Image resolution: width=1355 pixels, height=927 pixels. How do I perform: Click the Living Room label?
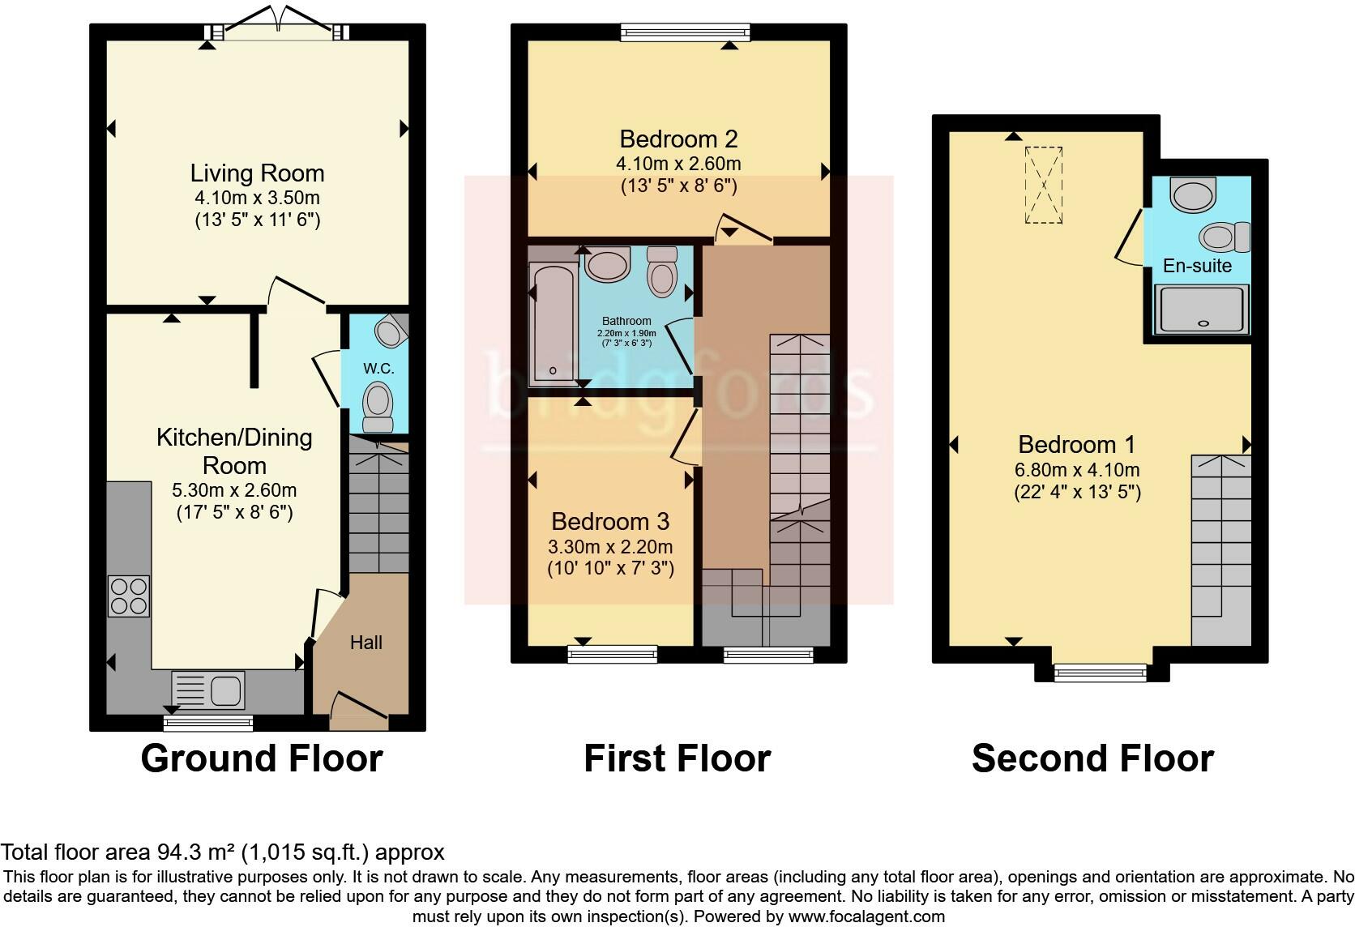[x=257, y=173]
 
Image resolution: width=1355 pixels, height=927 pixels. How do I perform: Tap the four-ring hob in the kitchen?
[x=129, y=596]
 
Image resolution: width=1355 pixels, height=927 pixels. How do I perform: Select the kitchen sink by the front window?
[x=208, y=690]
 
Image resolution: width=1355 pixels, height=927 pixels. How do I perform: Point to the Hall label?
[x=365, y=643]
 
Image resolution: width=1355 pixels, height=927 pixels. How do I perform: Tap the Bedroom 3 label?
[x=610, y=521]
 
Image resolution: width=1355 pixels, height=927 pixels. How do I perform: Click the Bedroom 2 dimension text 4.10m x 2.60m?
[x=678, y=164]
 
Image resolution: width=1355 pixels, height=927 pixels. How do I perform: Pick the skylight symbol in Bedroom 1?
[x=1043, y=185]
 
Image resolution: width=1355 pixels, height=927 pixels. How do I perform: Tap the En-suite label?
[x=1197, y=266]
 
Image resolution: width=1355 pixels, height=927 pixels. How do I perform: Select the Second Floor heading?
[x=1092, y=758]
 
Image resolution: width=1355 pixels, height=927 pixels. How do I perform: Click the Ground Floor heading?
[x=261, y=758]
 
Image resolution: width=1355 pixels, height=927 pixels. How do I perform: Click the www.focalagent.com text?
[x=866, y=916]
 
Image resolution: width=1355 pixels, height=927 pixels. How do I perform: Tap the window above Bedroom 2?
[x=685, y=32]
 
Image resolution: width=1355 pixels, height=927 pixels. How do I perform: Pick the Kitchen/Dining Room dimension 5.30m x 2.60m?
[x=234, y=490]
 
